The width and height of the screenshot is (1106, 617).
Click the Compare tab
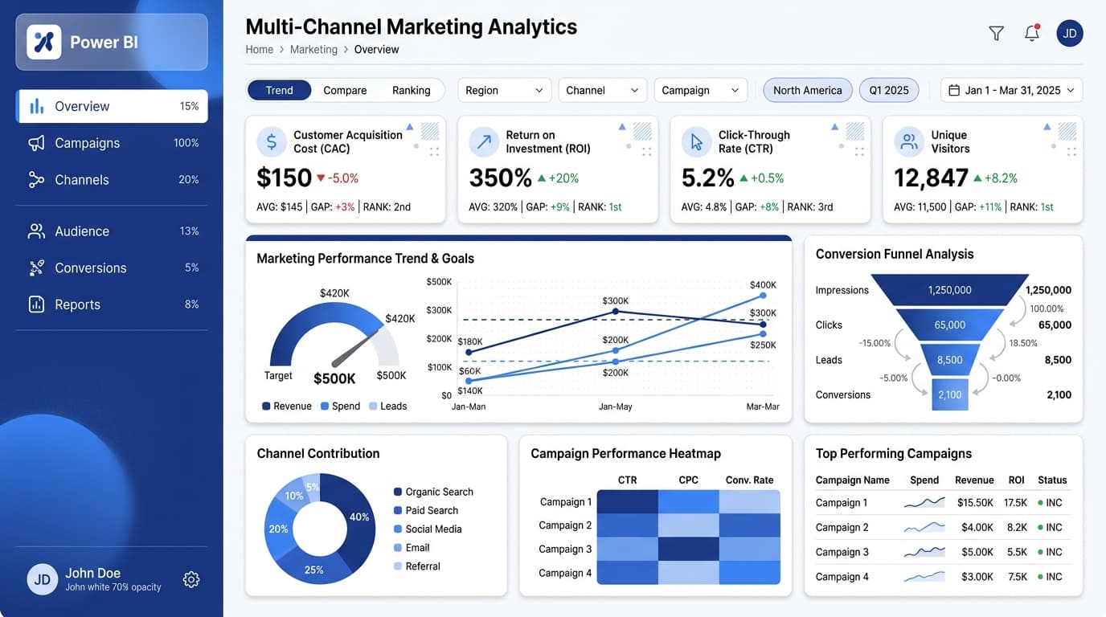click(345, 90)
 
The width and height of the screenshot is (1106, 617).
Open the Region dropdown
click(504, 90)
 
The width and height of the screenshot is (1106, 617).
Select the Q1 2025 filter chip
click(889, 90)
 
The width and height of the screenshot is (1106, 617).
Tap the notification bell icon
click(1032, 33)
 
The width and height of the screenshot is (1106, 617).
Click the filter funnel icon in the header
click(997, 33)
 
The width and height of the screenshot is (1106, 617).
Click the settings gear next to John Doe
click(191, 579)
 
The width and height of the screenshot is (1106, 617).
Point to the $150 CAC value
click(284, 178)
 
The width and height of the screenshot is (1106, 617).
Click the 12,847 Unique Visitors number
click(931, 178)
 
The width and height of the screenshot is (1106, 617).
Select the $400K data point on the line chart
click(763, 296)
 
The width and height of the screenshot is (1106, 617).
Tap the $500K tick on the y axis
click(439, 282)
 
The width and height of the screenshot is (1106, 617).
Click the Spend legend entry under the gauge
click(340, 407)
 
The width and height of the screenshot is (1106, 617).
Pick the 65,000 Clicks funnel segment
click(949, 325)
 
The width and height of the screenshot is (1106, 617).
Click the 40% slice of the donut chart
click(357, 516)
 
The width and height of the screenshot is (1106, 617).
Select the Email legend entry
click(412, 548)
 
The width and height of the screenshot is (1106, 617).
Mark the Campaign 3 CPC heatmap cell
click(688, 549)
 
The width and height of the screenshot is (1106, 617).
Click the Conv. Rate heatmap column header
click(749, 480)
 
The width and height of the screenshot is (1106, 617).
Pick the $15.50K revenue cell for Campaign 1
click(975, 502)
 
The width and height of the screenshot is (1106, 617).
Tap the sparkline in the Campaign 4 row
click(924, 577)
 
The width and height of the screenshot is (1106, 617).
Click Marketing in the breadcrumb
click(313, 49)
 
